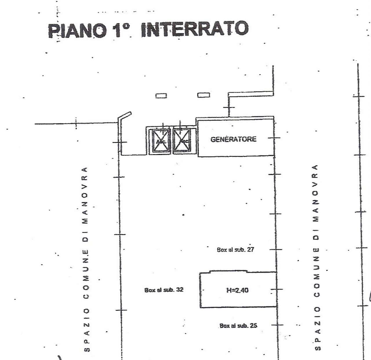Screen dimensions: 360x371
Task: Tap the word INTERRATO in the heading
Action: pos(194,29)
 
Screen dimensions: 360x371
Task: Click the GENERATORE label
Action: pos(233,139)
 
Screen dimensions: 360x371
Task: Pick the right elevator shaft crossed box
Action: pos(181,140)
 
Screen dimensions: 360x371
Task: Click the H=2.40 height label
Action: pos(237,290)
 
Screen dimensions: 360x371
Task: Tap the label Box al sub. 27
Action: pos(235,250)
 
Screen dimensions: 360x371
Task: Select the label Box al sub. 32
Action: pos(164,290)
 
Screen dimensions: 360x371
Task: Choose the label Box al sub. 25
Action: pos(238,326)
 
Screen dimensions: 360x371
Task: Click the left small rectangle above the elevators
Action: pos(161,96)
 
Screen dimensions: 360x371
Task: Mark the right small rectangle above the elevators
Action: pos(204,95)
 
